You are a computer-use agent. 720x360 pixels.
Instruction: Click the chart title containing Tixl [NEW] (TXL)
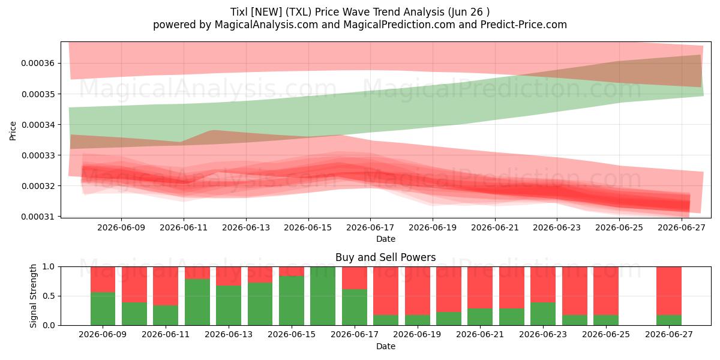[x=360, y=12]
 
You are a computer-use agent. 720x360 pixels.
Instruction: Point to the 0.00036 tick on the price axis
[x=38, y=64]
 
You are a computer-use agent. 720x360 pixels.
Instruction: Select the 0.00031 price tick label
[x=38, y=217]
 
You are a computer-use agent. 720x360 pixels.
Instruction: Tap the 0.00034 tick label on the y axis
[x=38, y=125]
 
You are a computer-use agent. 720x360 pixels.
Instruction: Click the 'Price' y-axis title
[x=13, y=131]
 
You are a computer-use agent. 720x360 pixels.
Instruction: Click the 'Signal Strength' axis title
[x=33, y=296]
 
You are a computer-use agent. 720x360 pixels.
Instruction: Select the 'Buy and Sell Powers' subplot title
[x=386, y=257]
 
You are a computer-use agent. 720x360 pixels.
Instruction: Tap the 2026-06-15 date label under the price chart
[x=308, y=227]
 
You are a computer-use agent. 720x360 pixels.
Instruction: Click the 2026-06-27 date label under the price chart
[x=682, y=227]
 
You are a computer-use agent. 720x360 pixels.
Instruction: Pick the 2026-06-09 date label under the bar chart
[x=103, y=334]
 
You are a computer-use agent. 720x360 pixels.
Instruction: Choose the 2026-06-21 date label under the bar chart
[x=480, y=334]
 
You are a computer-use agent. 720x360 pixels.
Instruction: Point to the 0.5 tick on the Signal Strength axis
[x=49, y=296]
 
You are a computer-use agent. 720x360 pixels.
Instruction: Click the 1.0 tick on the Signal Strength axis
[x=49, y=267]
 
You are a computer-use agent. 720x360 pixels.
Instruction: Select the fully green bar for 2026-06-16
[x=323, y=296]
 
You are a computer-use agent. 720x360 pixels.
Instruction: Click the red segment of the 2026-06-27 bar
[x=669, y=291]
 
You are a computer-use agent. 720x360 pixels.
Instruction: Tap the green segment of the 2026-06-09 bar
[x=103, y=308]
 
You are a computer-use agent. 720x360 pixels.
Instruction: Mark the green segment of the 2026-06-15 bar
[x=292, y=301]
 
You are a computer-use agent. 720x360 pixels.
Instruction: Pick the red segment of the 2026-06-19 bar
[x=418, y=291]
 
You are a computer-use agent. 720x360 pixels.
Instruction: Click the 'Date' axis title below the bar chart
[x=386, y=346]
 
